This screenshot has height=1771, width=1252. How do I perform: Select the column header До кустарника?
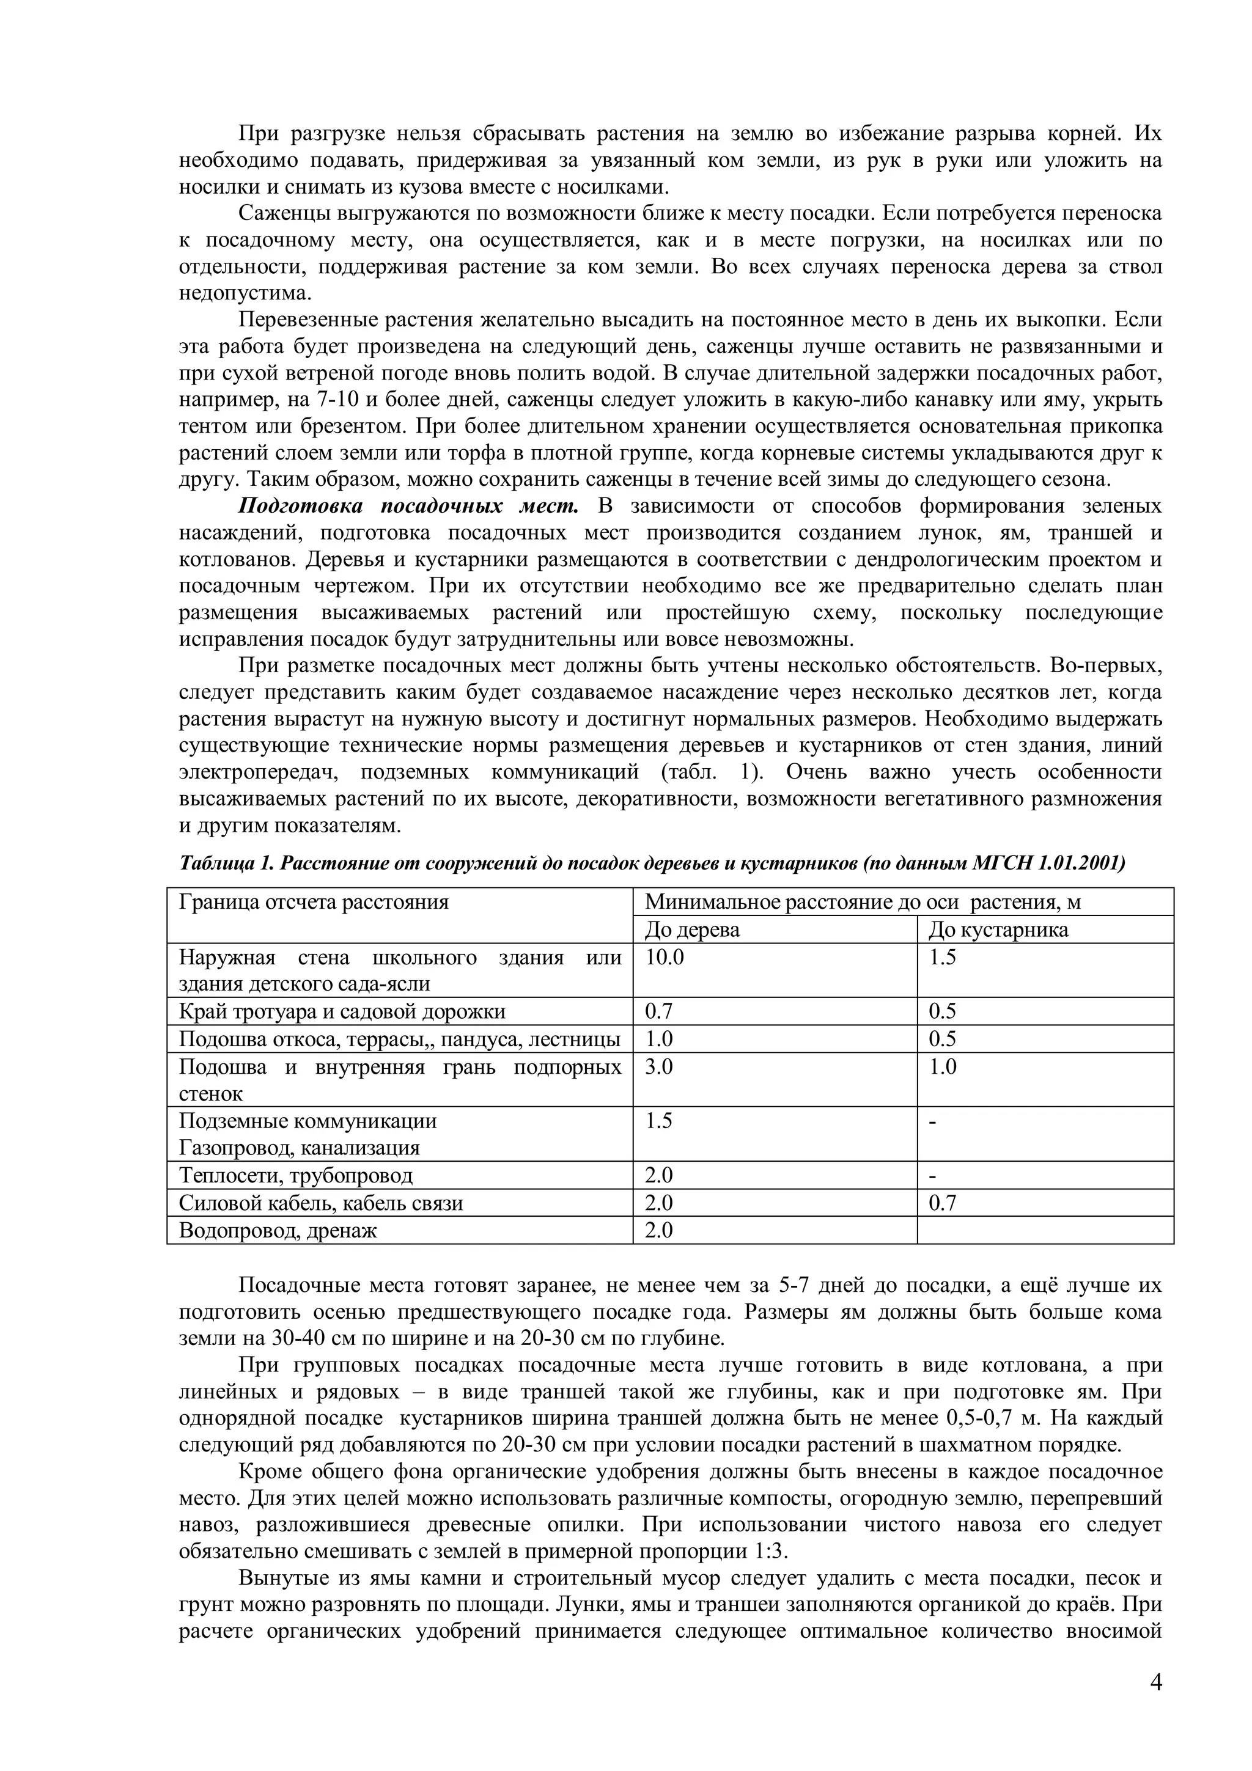click(998, 930)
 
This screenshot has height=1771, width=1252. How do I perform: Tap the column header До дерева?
click(691, 930)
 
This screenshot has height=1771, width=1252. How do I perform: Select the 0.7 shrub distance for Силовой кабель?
click(942, 1203)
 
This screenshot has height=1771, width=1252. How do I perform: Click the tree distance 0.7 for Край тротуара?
click(658, 1011)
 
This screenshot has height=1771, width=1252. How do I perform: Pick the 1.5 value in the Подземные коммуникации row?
click(658, 1121)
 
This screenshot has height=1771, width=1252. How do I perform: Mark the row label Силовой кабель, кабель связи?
click(321, 1203)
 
